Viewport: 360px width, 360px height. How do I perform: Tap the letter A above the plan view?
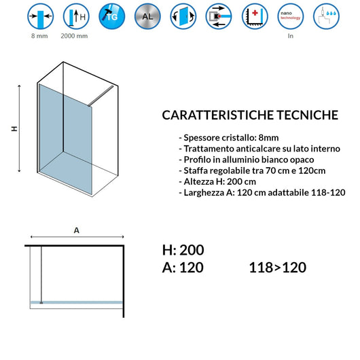coord(77,230)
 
